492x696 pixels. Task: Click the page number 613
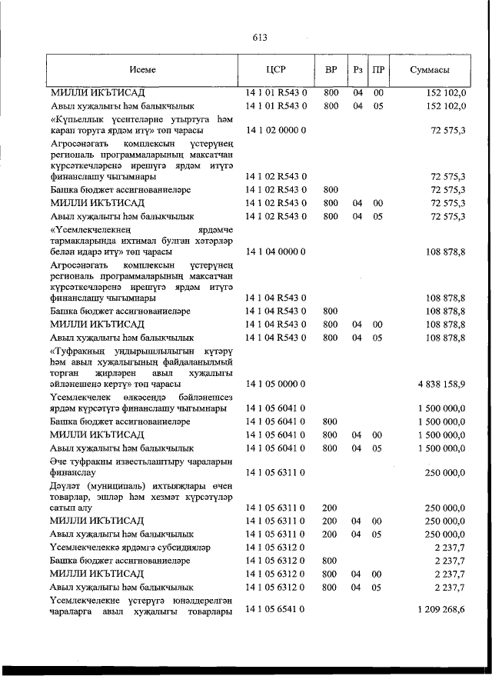(259, 37)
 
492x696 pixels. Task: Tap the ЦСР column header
(275, 70)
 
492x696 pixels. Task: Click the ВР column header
(331, 70)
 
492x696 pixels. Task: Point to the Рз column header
(357, 70)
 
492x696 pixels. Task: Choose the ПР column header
(378, 70)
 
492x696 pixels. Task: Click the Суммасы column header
(430, 70)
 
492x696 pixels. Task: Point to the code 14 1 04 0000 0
(276, 251)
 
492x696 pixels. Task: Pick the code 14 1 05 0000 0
(276, 382)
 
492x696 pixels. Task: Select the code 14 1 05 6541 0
(276, 609)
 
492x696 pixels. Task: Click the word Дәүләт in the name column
(66, 486)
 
